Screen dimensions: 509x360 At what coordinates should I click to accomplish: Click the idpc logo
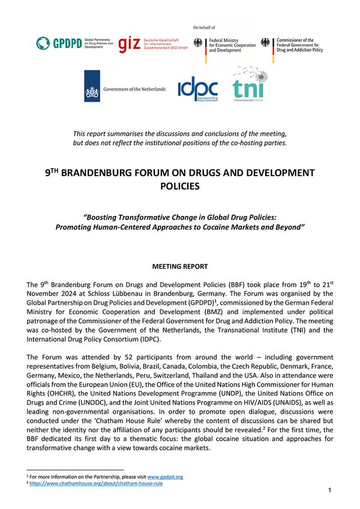[x=197, y=89]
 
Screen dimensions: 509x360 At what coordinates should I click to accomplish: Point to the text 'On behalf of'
[x=204, y=28]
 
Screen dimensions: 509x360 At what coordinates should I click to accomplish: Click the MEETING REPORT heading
[x=180, y=266]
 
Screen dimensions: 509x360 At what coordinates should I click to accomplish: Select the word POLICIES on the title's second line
[x=180, y=186]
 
